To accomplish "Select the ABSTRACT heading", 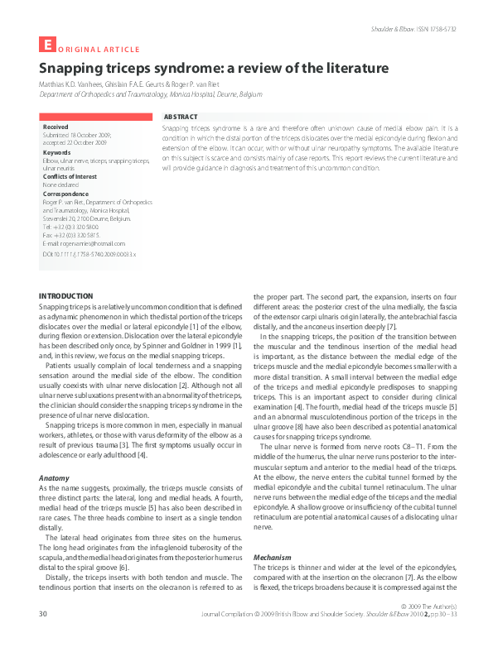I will (x=181, y=118).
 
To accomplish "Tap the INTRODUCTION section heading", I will (x=65, y=296).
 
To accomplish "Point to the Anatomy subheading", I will (x=56, y=478).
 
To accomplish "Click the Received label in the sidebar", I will (x=56, y=127).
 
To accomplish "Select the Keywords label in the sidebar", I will (x=57, y=152).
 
